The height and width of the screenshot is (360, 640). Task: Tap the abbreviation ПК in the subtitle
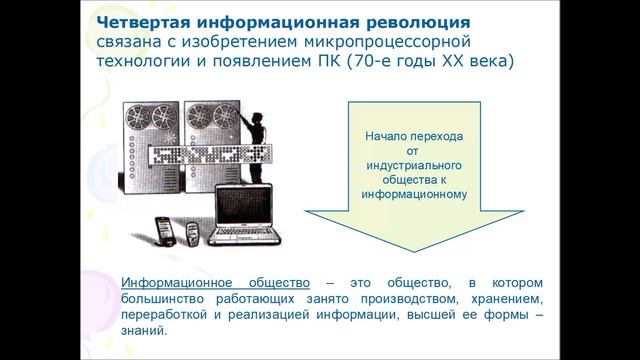click(x=341, y=63)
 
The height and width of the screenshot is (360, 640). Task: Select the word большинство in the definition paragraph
click(x=161, y=299)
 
